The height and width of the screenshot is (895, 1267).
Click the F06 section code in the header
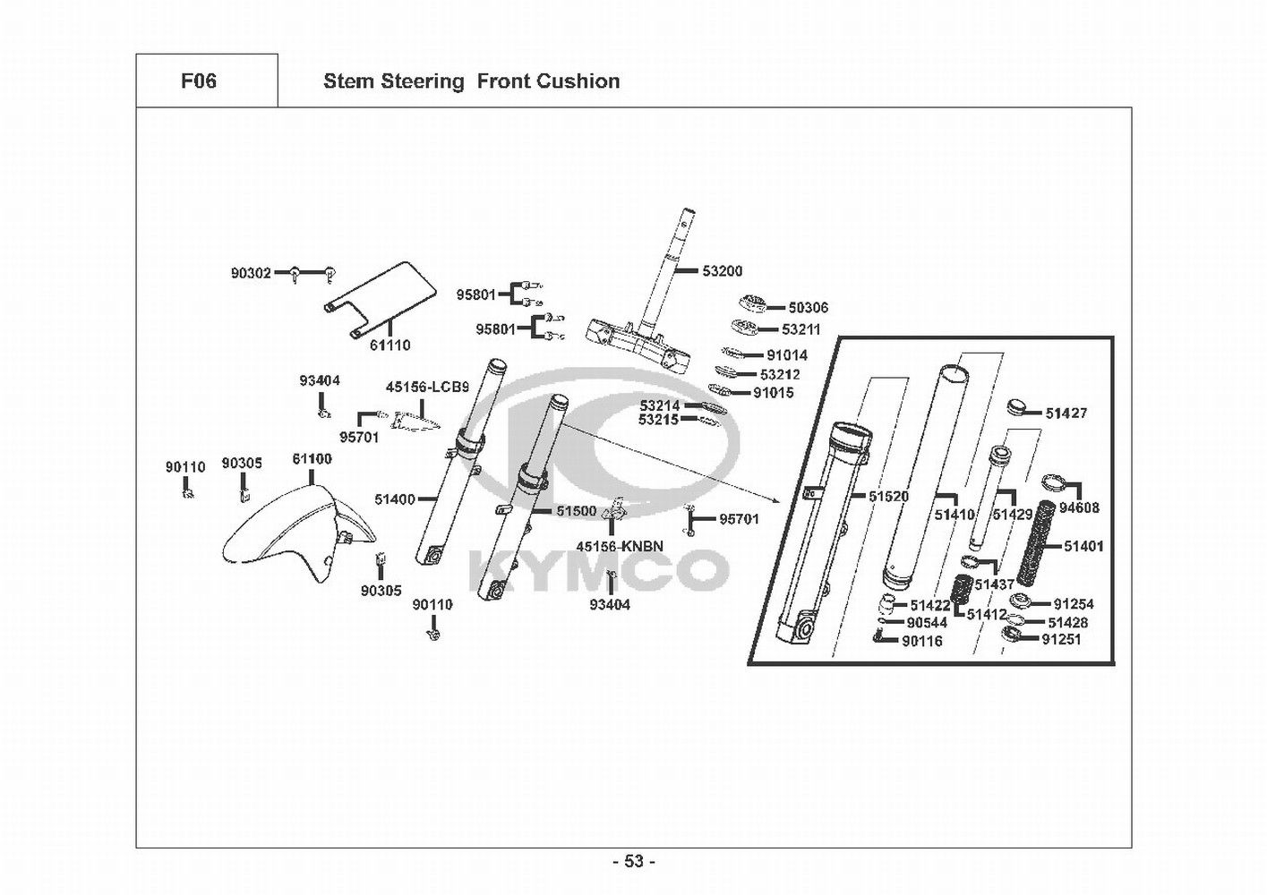coord(199,81)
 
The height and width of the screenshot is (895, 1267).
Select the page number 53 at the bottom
coord(634,861)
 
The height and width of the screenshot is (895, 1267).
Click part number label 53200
coord(722,271)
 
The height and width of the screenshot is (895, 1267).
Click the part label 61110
coord(390,345)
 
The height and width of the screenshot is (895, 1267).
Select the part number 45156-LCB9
coord(427,388)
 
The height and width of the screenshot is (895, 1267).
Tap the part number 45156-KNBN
coord(620,546)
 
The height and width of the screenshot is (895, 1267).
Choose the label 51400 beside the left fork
coord(395,499)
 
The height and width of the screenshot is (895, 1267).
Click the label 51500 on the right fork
coord(576,511)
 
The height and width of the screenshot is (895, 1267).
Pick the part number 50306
coord(808,308)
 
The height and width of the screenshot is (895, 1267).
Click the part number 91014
coord(786,355)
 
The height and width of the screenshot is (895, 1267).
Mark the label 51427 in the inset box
coord(1066,413)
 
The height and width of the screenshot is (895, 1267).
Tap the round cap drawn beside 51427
coord(1020,408)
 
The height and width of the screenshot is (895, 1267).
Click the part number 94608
coord(1079,507)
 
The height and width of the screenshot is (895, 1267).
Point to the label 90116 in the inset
coord(921,641)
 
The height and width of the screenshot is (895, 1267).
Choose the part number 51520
coord(888,497)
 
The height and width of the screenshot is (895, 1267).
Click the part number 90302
coord(251,273)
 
